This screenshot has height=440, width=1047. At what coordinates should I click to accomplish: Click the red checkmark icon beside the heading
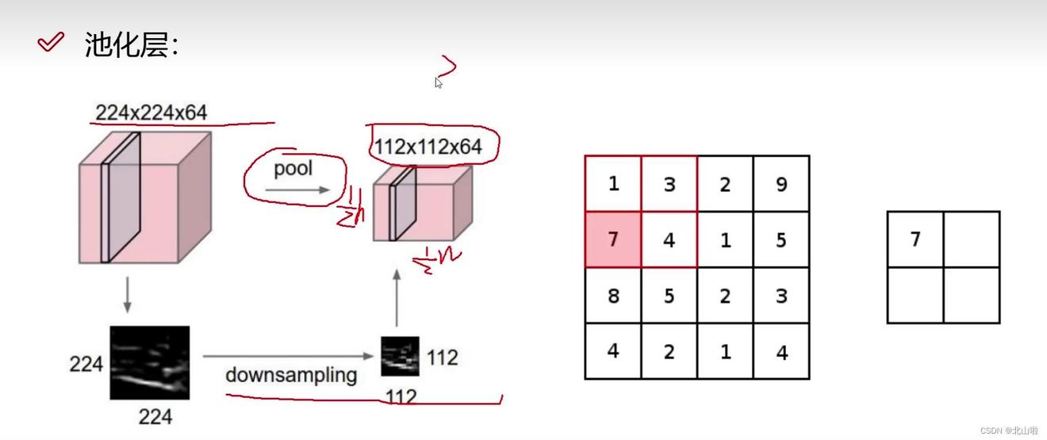click(50, 43)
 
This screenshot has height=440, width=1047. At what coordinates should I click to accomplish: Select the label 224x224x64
click(151, 113)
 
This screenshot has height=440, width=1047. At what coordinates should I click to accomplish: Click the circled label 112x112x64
click(428, 147)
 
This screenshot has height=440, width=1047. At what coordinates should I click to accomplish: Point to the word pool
click(293, 168)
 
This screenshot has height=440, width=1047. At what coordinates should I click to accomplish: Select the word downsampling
click(290, 374)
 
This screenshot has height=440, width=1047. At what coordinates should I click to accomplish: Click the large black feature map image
click(149, 362)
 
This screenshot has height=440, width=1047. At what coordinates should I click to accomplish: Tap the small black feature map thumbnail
click(400, 356)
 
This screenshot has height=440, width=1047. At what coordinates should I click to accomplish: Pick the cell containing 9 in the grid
click(781, 184)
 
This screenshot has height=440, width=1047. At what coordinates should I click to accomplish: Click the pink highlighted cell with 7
click(612, 239)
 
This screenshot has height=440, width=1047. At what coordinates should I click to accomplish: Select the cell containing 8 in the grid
click(612, 296)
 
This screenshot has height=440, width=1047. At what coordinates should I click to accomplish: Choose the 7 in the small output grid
click(915, 239)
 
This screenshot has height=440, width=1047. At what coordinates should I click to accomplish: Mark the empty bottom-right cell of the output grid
click(972, 295)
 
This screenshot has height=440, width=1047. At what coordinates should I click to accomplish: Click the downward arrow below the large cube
click(127, 295)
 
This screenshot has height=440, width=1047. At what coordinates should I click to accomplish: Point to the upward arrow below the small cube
click(397, 297)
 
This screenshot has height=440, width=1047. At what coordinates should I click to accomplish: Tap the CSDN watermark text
click(1008, 430)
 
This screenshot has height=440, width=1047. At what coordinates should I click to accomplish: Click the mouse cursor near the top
click(438, 82)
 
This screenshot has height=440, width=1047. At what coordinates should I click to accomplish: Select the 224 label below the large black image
click(155, 416)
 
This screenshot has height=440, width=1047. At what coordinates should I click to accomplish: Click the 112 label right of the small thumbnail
click(442, 358)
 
